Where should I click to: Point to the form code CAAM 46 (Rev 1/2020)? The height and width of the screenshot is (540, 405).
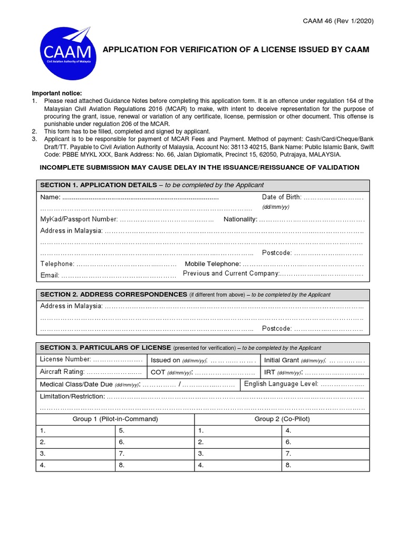click(337, 21)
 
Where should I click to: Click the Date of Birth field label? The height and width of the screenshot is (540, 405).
click(282, 197)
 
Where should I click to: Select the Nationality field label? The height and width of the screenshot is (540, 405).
click(240, 219)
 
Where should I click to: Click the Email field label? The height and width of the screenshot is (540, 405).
click(50, 275)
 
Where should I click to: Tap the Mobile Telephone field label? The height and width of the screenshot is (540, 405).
click(213, 264)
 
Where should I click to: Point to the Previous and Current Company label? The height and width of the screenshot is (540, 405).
click(230, 274)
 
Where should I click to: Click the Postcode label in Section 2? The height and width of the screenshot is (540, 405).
click(277, 329)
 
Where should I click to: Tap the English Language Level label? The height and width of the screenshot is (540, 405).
click(281, 384)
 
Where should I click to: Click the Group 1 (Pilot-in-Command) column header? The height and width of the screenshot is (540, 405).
click(115, 419)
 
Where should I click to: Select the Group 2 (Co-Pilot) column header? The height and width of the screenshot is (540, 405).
click(282, 419)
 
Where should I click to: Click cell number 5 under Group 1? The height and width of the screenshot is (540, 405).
click(122, 431)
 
